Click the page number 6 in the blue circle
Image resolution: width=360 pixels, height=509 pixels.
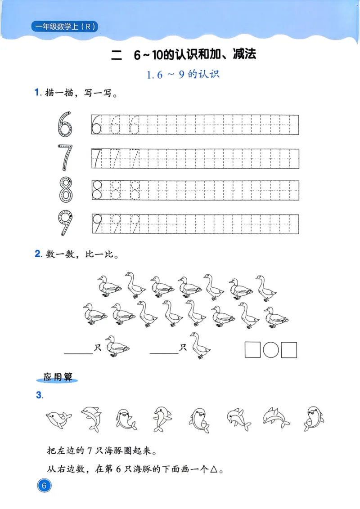pyautogui.click(x=44, y=486)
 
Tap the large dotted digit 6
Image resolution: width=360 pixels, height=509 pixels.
pyautogui.click(x=65, y=123)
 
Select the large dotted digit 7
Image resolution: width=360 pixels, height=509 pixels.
pyautogui.click(x=65, y=157)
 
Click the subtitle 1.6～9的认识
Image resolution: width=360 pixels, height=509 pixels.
pyautogui.click(x=183, y=75)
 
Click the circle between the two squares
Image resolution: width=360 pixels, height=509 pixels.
pyautogui.click(x=271, y=350)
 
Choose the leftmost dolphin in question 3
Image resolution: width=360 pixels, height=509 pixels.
pyautogui.click(x=58, y=420)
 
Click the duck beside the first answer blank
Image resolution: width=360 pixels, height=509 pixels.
pyautogui.click(x=117, y=347)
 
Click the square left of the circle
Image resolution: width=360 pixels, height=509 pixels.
pyautogui.click(x=252, y=350)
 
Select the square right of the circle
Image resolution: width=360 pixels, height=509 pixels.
pyautogui.click(x=289, y=350)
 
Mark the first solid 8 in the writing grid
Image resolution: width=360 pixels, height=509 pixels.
pyautogui.click(x=97, y=190)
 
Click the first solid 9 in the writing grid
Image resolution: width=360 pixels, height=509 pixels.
pyautogui.click(x=97, y=223)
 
